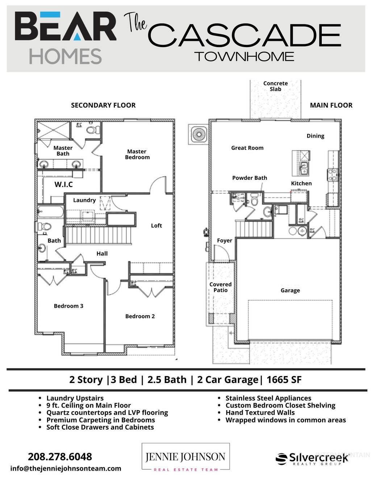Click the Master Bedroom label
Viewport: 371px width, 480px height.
137,154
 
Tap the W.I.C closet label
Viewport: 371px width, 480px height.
63,185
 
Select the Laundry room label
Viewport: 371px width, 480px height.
84,200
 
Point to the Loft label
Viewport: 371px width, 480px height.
156,226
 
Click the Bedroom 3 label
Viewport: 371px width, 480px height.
68,306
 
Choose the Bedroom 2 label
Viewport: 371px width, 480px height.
140,316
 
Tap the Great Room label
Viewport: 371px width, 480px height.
247,148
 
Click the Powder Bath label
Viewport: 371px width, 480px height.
249,178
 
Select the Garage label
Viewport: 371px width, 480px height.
290,290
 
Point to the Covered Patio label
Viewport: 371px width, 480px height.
220,287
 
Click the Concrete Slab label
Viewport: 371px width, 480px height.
275,86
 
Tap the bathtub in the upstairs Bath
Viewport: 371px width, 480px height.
51,211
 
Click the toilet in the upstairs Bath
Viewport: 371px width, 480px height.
45,227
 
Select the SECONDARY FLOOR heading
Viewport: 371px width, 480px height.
103,105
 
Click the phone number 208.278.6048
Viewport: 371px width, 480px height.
60,456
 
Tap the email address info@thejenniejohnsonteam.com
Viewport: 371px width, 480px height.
66,468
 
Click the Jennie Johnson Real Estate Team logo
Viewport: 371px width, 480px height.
185,457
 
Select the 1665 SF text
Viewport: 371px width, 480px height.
284,380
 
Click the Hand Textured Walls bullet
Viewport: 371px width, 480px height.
260,413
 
